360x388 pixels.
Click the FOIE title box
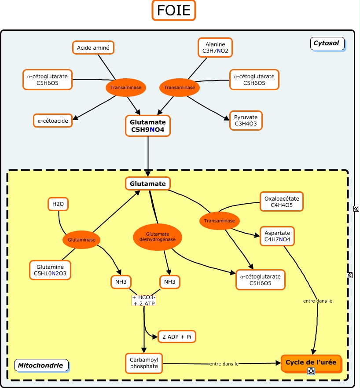(174, 10)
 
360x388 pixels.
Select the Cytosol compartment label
(326, 43)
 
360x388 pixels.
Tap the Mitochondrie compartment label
(40, 365)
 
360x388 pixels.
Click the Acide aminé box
(93, 48)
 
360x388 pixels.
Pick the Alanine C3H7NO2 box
(215, 48)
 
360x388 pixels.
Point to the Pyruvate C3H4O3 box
(246, 121)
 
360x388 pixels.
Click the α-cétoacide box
(53, 121)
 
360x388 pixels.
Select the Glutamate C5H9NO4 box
(148, 126)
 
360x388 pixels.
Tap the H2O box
(58, 204)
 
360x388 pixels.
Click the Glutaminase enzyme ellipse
(81, 240)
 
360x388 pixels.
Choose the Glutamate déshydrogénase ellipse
(157, 237)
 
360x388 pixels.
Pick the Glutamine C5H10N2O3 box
(50, 271)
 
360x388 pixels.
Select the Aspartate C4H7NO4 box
(277, 236)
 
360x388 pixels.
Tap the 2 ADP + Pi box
(176, 337)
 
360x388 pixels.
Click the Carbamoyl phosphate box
(144, 363)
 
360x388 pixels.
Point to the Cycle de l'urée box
(311, 363)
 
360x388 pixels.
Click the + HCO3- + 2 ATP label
(144, 300)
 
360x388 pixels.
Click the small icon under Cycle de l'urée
(311, 372)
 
